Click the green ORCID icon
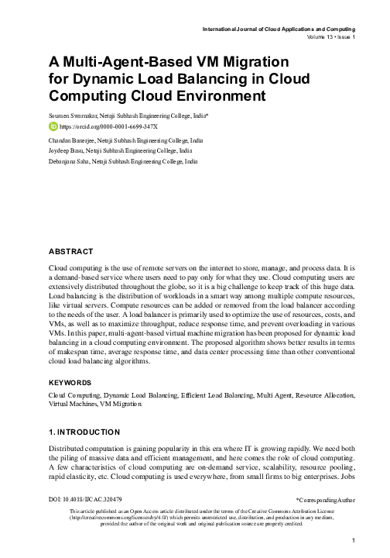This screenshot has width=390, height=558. pyautogui.click(x=53, y=126)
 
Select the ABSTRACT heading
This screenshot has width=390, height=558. pyautogui.click(x=71, y=253)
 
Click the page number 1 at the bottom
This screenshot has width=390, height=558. pyautogui.click(x=353, y=541)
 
